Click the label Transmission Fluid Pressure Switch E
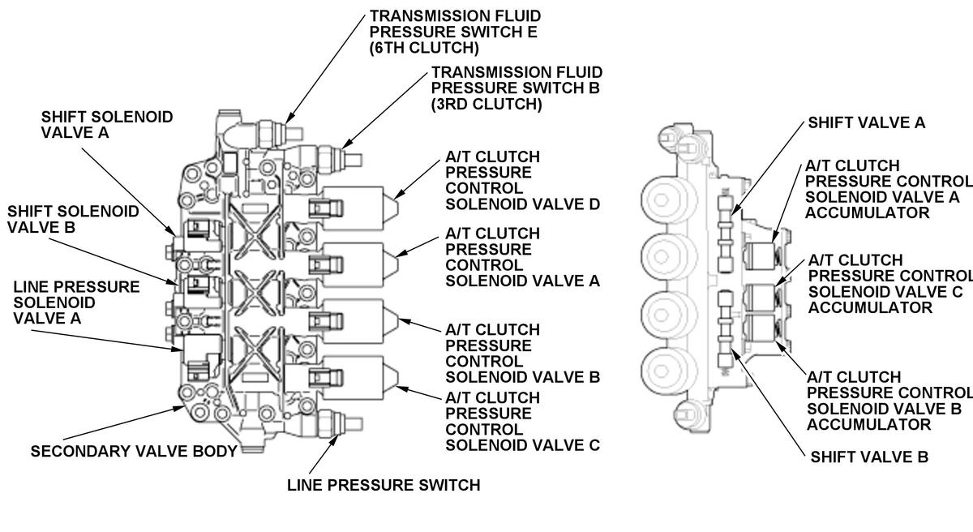tap(455, 32)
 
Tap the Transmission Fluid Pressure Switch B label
tap(517, 88)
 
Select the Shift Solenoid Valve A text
tap(107, 125)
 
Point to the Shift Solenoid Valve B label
tap(73, 219)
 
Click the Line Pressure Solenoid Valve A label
tap(76, 302)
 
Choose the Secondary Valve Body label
tap(134, 451)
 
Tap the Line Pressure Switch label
tap(384, 485)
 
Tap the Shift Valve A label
tap(867, 122)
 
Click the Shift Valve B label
tap(869, 457)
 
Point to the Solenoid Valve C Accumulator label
tap(889, 284)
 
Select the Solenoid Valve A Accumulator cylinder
tap(761, 256)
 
